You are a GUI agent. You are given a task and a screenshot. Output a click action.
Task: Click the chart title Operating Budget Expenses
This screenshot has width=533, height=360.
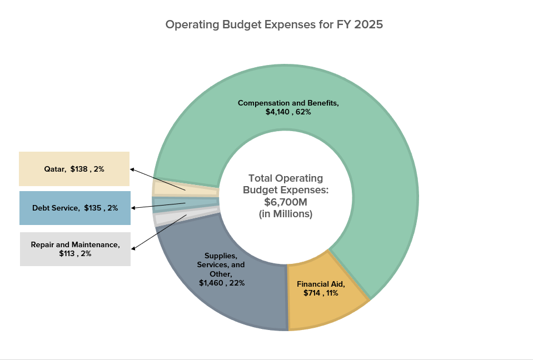click(274, 25)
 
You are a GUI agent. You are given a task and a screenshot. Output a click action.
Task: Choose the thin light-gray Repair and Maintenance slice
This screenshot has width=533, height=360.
click(167, 217)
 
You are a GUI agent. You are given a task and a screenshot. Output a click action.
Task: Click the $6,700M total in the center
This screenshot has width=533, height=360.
click(285, 202)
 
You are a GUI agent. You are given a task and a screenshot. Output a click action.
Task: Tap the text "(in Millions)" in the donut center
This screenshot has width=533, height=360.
click(286, 213)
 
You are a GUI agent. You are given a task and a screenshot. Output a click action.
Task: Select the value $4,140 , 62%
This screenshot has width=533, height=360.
click(288, 112)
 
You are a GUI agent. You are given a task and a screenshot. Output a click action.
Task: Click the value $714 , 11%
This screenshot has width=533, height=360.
click(321, 293)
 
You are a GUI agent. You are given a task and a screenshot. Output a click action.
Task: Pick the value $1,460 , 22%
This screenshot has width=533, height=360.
click(222, 283)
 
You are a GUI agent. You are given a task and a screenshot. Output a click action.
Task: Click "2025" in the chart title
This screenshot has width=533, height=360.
click(368, 25)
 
